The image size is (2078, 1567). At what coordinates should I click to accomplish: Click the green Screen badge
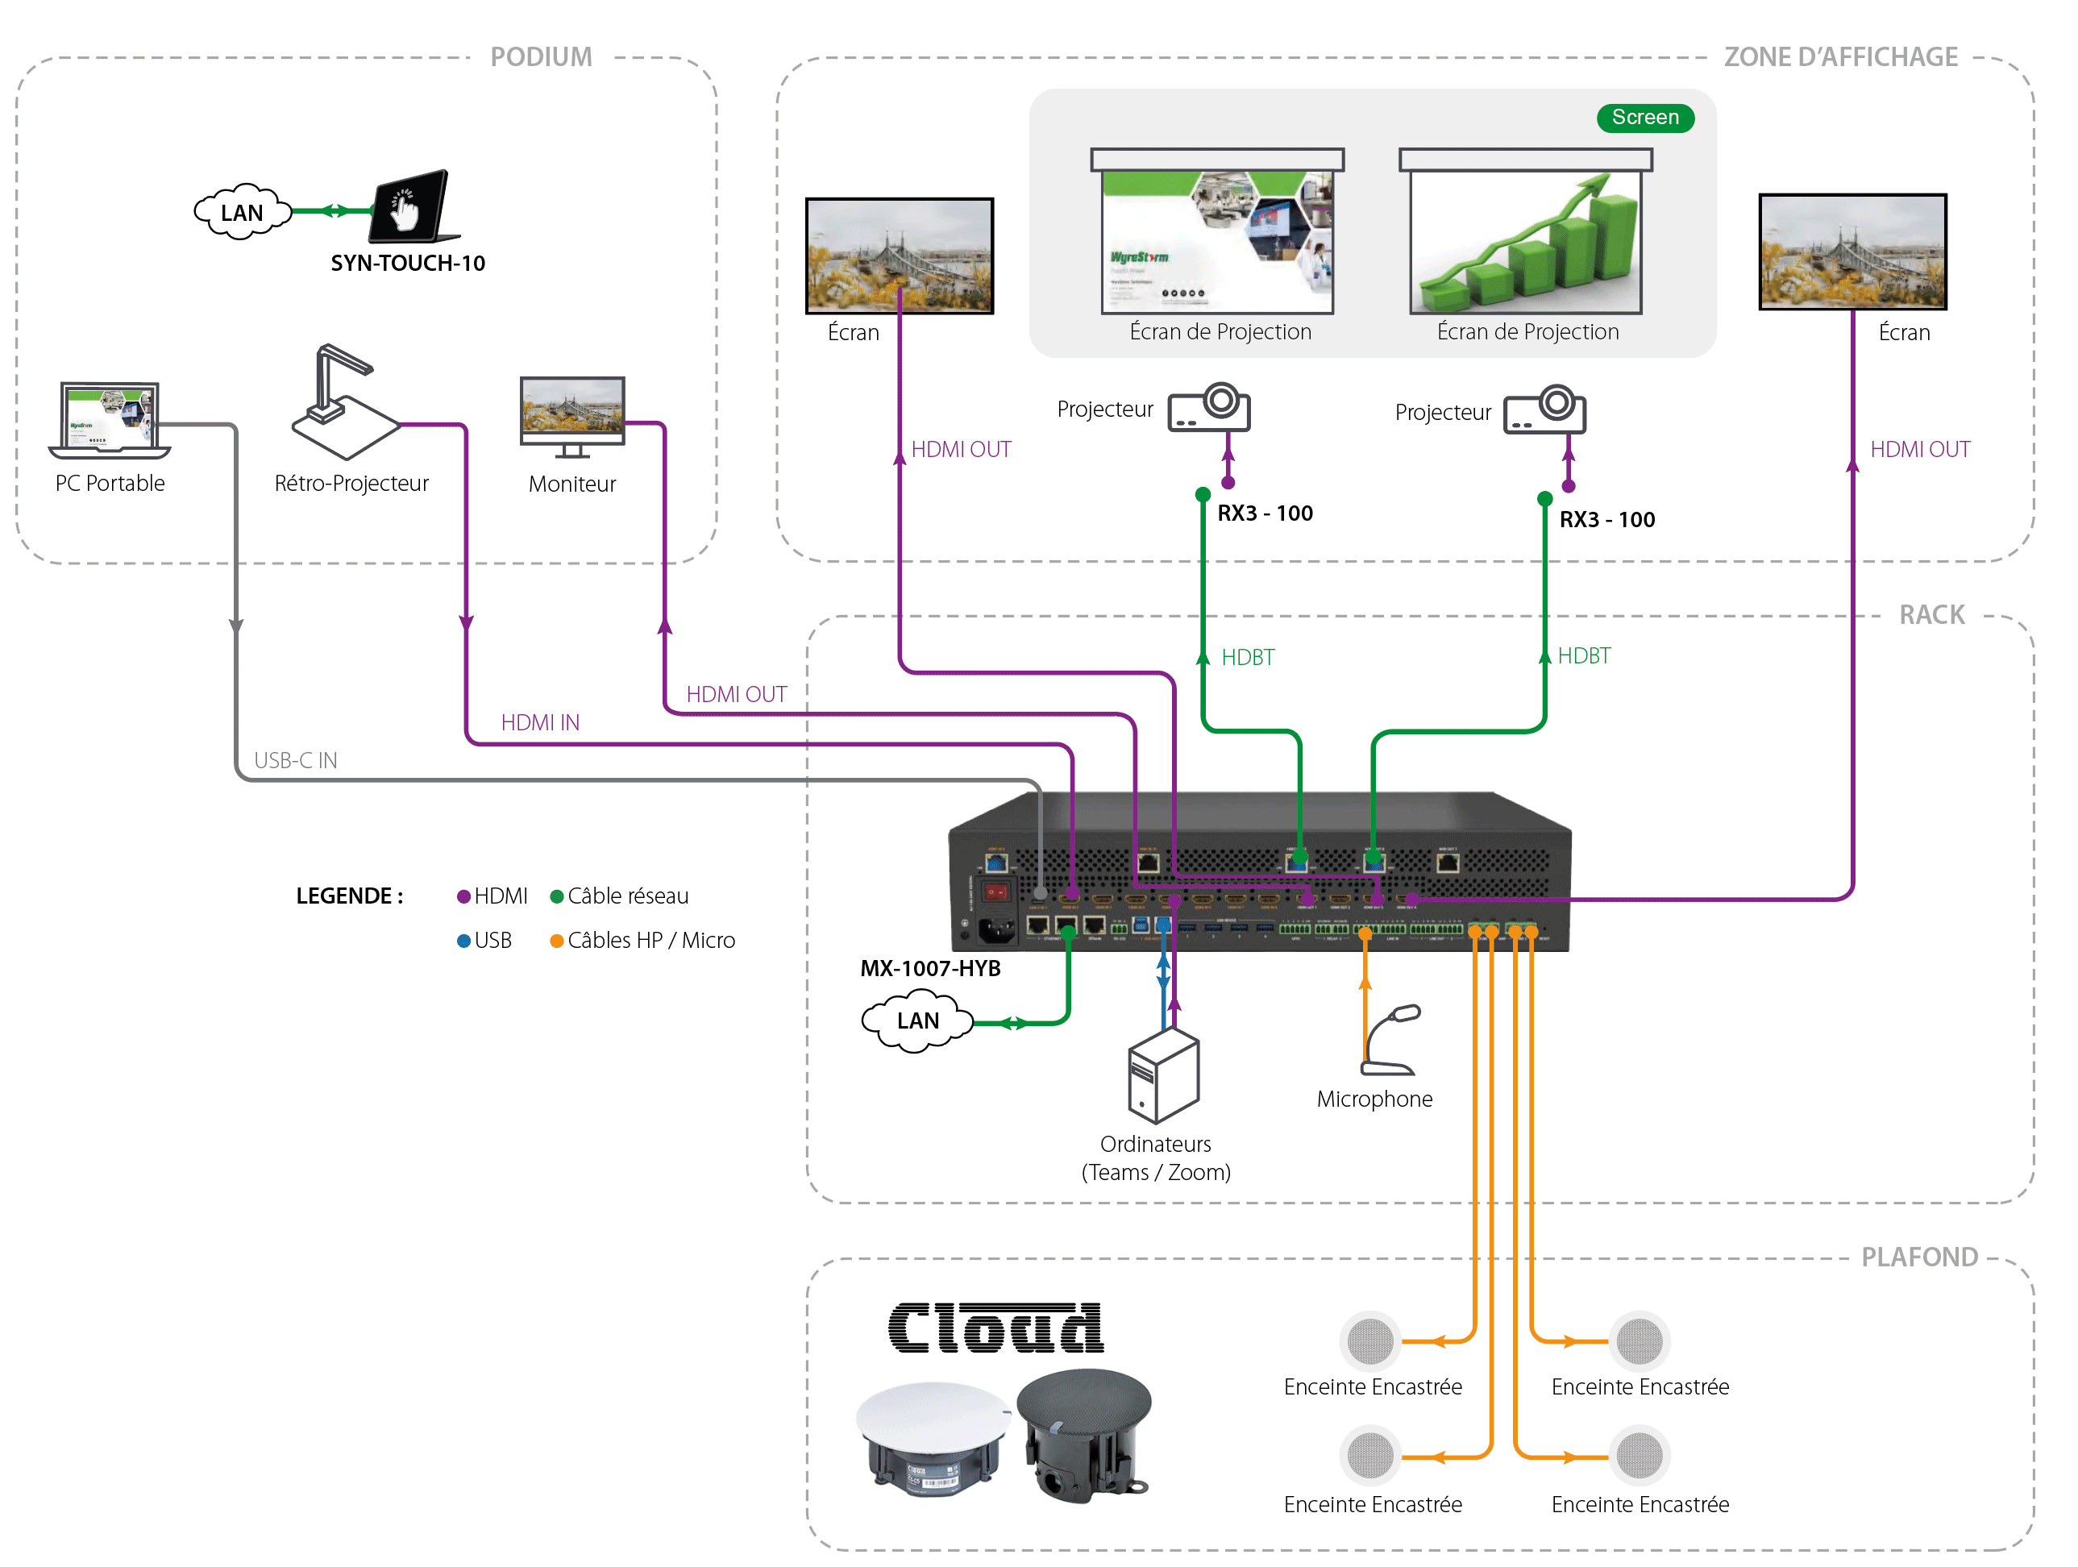(x=1644, y=118)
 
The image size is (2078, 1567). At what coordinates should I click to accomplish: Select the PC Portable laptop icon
(x=109, y=420)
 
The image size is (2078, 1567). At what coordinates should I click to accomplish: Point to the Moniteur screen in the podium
(x=572, y=414)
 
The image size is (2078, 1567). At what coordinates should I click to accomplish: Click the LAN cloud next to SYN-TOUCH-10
(x=242, y=212)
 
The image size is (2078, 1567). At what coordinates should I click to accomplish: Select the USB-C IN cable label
(x=295, y=760)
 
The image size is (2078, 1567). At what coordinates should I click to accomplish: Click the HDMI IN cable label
(x=540, y=722)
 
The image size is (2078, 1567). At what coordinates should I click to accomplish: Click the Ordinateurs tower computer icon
(x=1163, y=1074)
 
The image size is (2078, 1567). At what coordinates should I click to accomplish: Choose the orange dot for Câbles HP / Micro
(x=556, y=941)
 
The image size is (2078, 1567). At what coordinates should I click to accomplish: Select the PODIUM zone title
(x=541, y=57)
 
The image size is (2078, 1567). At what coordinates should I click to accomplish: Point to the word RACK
(x=1930, y=614)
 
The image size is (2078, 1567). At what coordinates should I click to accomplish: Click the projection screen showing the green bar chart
(x=1525, y=239)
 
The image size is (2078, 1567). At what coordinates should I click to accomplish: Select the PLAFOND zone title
(x=1918, y=1257)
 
